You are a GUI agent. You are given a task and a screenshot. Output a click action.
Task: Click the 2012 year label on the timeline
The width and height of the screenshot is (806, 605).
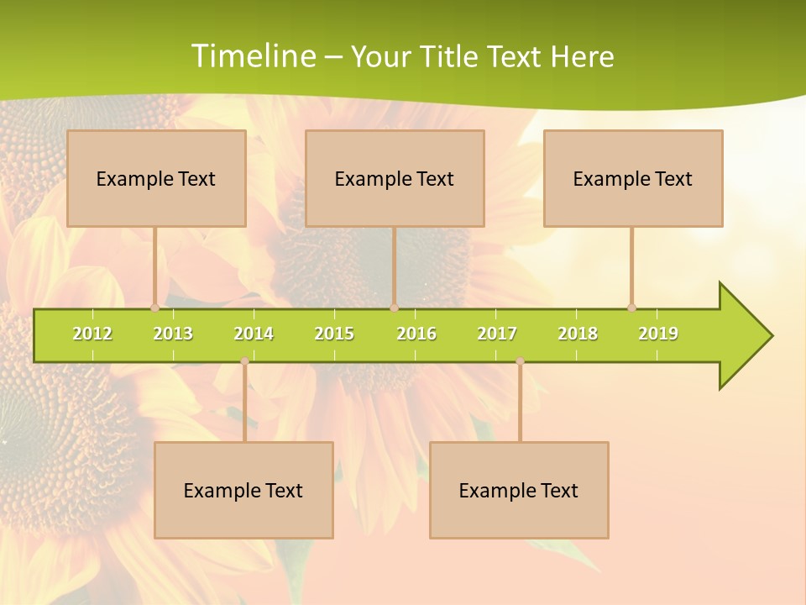92,334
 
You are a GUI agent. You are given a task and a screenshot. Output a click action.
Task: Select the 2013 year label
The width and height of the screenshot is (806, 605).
173,334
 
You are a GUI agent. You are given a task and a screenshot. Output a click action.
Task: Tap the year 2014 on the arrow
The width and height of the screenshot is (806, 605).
254,334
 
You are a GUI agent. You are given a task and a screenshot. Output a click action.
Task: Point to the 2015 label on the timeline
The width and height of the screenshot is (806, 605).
334,334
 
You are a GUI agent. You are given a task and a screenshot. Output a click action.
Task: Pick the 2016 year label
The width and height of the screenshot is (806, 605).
416,334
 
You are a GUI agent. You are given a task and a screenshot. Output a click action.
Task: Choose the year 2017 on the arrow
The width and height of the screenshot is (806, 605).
497,334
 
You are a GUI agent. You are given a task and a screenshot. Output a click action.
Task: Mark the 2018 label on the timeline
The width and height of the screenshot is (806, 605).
578,334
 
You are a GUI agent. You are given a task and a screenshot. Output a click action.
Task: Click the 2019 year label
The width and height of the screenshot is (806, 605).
658,334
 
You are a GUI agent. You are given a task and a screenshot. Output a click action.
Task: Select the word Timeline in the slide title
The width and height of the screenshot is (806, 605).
252,56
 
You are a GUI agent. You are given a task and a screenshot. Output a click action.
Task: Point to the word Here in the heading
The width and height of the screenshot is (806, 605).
582,56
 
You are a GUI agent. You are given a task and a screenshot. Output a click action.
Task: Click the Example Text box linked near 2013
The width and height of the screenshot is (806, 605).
156,178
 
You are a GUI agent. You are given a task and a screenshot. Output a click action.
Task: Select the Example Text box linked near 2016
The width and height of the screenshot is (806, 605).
395,178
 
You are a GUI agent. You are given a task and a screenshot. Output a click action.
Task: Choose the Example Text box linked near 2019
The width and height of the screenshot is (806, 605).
633,178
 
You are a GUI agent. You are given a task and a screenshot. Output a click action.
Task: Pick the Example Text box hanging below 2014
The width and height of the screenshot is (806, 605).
243,490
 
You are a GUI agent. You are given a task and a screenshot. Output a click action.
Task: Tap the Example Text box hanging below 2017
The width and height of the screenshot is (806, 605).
519,490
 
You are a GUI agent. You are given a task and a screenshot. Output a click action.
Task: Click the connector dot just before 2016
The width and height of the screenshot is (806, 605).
394,308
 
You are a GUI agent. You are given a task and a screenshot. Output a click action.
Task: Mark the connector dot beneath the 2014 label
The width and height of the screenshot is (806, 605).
244,361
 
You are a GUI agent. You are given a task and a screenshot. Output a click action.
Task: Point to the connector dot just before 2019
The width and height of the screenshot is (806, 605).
631,308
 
